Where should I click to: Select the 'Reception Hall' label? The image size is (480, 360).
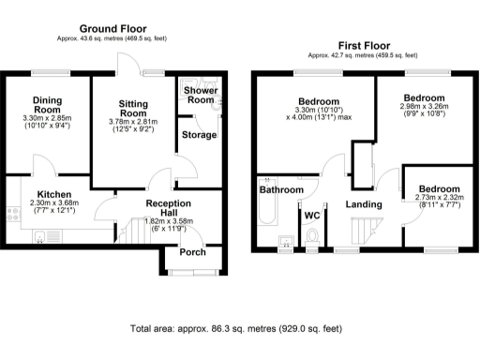pos(169,208)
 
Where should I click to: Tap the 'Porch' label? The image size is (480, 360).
pos(192,251)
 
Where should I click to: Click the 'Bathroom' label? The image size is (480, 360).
pos(281,190)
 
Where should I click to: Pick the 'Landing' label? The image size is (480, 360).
pos(362,203)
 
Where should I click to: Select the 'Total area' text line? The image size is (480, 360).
pos(235,330)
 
